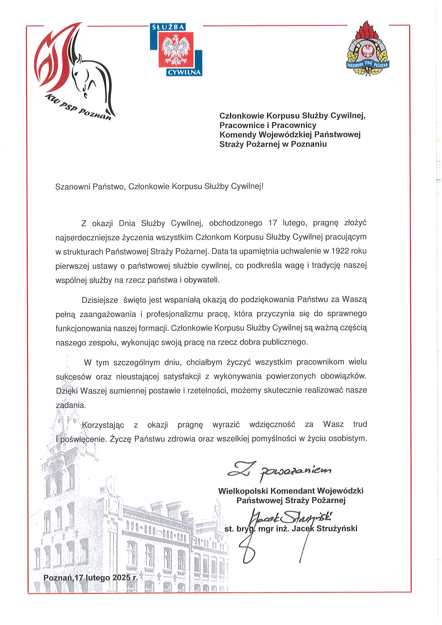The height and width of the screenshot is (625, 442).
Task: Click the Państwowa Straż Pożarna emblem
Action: coord(368,49)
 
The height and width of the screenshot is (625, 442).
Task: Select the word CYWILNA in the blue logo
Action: coord(184,72)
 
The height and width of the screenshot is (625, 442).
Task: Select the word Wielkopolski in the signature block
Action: coord(243,491)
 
